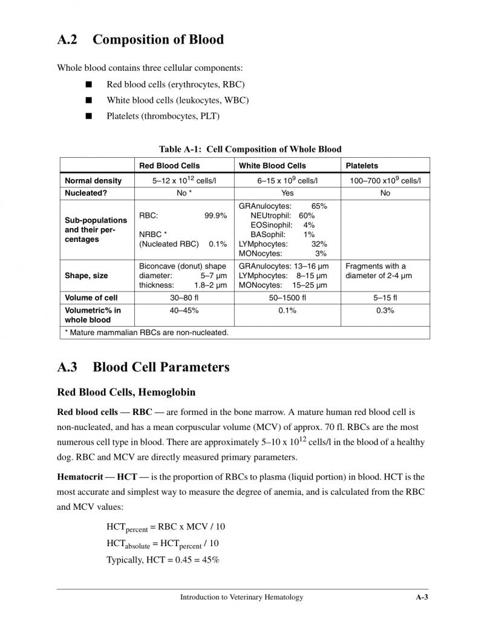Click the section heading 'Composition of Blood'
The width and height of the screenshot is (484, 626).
[x=158, y=40]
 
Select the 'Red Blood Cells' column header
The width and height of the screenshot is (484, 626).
[x=169, y=165]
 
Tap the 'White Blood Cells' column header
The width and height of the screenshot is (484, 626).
[x=272, y=165]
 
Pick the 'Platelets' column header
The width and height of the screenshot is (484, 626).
[x=362, y=165]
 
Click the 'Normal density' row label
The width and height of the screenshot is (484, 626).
[x=93, y=180]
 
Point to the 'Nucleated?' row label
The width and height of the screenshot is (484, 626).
[x=86, y=193]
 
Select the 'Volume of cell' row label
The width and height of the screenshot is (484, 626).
[x=91, y=298]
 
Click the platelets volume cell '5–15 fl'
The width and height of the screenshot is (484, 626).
[x=385, y=298]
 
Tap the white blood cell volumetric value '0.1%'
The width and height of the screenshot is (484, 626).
[x=287, y=310]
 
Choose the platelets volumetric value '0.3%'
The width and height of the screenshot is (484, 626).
[x=385, y=310]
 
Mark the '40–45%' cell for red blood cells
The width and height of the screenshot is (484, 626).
[x=184, y=310]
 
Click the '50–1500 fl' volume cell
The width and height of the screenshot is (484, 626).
[x=287, y=298]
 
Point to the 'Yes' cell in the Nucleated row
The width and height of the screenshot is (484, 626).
[x=287, y=193]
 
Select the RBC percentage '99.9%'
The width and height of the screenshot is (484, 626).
[x=215, y=215]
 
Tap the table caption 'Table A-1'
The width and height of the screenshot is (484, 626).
[x=180, y=149]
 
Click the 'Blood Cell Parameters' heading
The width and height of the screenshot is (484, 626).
[x=161, y=367]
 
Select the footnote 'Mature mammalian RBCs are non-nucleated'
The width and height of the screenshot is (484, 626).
[x=146, y=332]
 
